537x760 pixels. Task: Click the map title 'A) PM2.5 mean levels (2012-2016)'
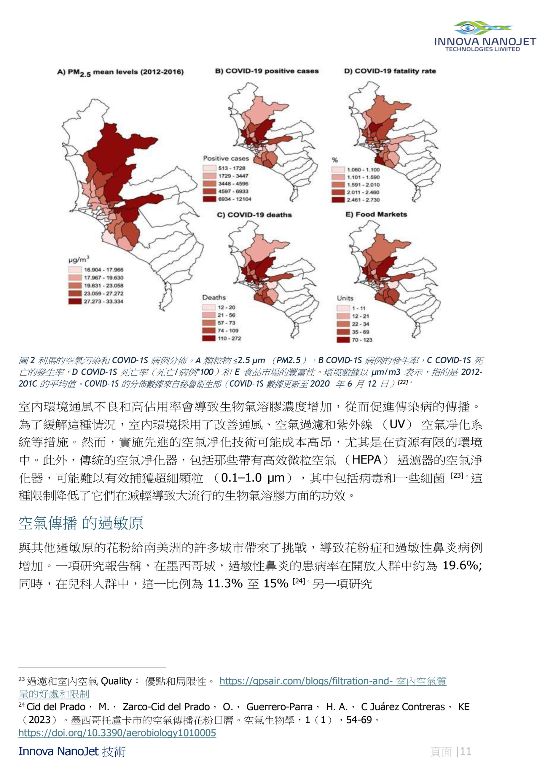coord(120,72)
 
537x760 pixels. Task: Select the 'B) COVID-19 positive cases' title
coord(267,71)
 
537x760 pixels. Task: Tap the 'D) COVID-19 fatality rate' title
coord(390,71)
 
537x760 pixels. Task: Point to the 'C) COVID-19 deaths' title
coord(254,215)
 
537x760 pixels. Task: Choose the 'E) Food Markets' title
coord(376,215)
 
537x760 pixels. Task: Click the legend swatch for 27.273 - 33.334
coord(75,301)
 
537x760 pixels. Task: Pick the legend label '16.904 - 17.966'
coord(103,270)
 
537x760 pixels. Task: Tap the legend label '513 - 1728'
coord(232,168)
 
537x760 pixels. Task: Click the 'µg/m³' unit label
coord(79,259)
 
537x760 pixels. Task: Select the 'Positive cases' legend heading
coord(226,158)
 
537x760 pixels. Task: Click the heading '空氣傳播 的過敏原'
coord(81,523)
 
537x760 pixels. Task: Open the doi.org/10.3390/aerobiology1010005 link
coord(117,733)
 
